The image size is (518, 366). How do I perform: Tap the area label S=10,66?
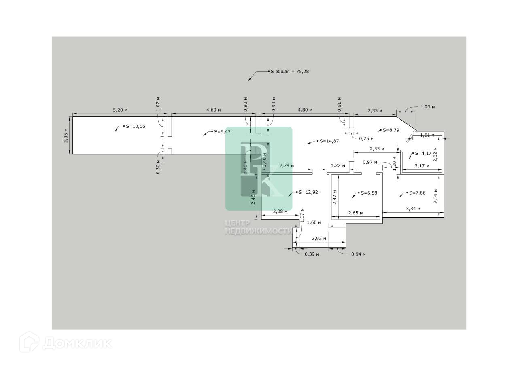click(136, 126)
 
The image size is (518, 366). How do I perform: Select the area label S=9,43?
click(223, 132)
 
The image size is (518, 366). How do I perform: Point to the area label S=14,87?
click(329, 141)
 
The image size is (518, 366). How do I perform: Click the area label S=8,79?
click(391, 130)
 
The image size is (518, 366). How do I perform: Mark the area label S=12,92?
click(308, 192)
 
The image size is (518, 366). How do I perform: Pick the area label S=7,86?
click(417, 193)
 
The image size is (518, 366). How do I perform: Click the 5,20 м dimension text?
click(120, 110)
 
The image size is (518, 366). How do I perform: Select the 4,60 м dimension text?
click(213, 110)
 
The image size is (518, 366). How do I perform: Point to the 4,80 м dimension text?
click(305, 110)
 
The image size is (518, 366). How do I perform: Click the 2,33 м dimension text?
click(375, 110)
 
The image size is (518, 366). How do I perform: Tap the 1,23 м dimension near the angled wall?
click(427, 107)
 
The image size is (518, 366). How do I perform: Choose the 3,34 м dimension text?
click(413, 209)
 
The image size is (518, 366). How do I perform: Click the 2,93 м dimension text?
click(319, 239)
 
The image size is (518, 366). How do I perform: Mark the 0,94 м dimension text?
click(358, 254)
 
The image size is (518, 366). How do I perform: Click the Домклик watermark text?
click(77, 343)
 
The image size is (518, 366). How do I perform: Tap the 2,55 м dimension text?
click(377, 148)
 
